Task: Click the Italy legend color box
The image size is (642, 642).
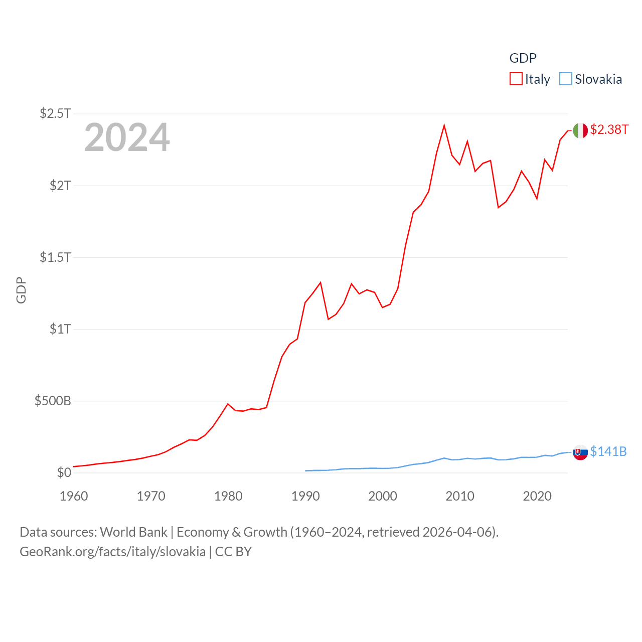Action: coord(516,79)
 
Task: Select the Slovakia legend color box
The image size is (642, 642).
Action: coord(565,79)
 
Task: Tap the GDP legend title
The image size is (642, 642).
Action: coord(523,58)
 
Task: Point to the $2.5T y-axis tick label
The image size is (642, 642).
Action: coord(56,113)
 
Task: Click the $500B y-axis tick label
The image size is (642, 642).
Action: coord(53,401)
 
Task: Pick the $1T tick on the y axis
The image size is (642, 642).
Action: coord(60,329)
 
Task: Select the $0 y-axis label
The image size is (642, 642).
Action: coord(64,472)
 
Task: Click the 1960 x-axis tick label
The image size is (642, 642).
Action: coord(74,496)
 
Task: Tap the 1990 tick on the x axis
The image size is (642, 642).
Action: coord(305,496)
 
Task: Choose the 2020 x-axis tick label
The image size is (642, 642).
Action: coord(537,496)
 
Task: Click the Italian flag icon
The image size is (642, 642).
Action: coord(580,130)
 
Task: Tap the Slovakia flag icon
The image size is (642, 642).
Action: coord(580,452)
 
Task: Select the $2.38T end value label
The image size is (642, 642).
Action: coord(609,129)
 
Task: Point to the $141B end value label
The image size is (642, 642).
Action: coord(608,451)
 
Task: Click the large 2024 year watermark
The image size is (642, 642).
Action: coord(127,137)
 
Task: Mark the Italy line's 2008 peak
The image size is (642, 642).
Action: coord(444,125)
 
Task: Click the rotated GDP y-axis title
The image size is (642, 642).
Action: coord(21,290)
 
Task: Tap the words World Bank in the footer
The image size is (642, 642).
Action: coord(133,532)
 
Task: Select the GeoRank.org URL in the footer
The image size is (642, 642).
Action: coord(112,552)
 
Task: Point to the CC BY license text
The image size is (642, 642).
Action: coord(233,552)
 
